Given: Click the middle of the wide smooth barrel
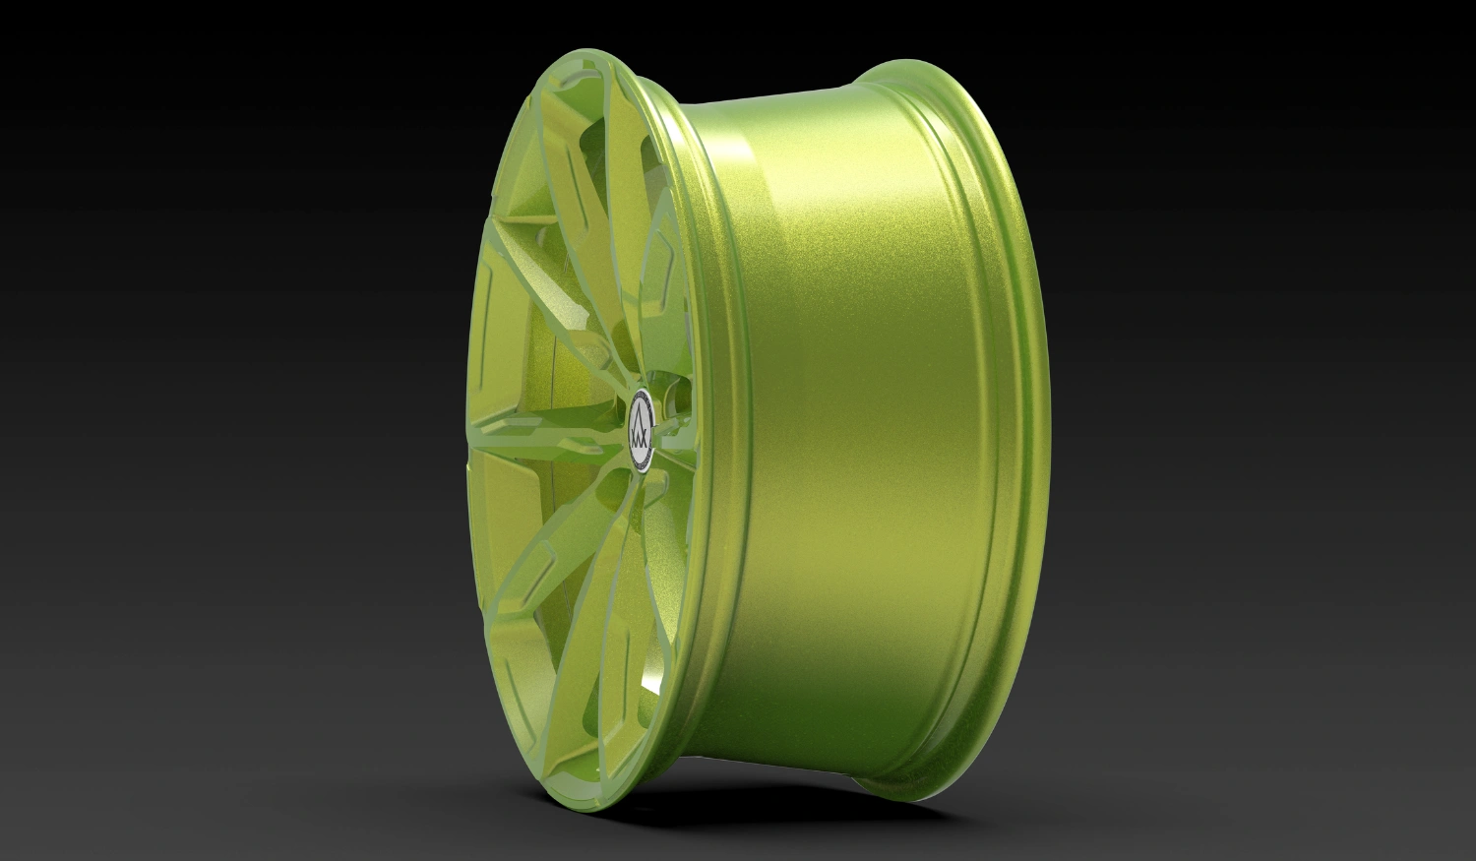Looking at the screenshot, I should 856,433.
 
